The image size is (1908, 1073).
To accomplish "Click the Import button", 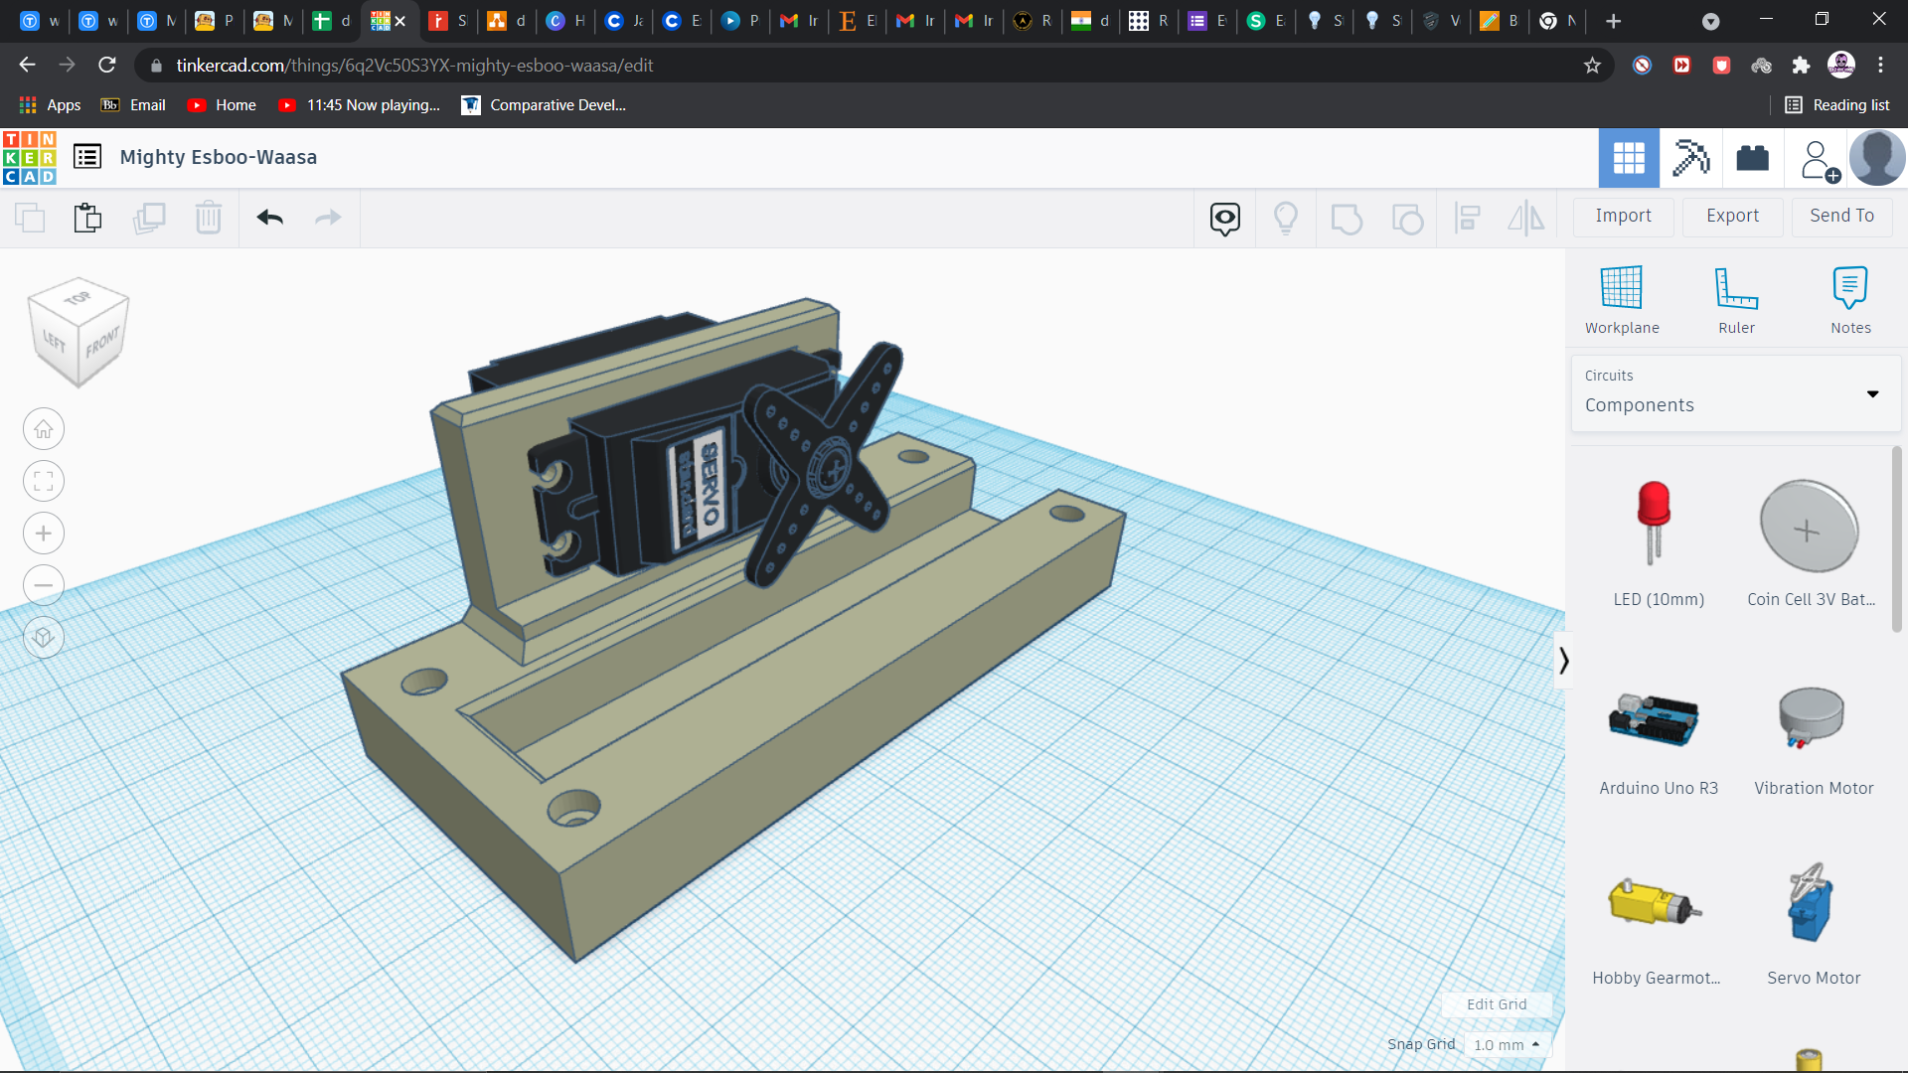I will point(1623,216).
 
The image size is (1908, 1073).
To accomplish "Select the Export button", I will point(1732,216).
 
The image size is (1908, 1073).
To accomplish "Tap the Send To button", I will point(1841,216).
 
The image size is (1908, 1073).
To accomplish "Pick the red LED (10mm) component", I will point(1654,523).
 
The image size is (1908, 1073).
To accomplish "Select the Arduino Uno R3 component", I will point(1654,721).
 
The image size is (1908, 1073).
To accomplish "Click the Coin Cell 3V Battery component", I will point(1809,527).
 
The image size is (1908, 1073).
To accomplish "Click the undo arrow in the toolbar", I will point(269,218).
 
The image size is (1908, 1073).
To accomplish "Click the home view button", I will point(44,429).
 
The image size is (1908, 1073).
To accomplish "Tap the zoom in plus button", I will point(44,534).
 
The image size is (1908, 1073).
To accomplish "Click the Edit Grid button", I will point(1496,1004).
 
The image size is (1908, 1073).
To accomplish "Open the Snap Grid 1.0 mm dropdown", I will point(1507,1045).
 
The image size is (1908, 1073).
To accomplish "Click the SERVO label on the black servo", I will point(709,485).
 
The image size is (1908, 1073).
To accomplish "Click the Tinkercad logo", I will point(30,157).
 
